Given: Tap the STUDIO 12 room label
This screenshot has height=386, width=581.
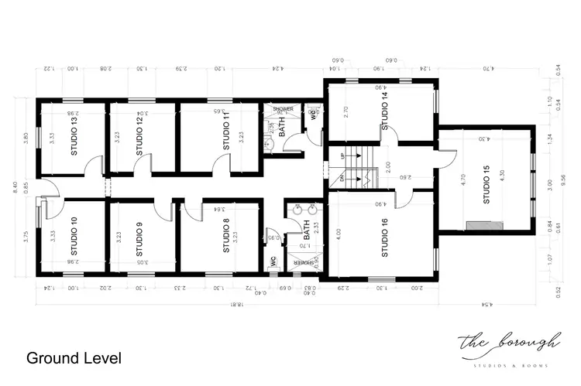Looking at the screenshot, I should pos(139,136).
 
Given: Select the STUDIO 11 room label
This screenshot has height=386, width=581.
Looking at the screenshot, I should pos(227,132).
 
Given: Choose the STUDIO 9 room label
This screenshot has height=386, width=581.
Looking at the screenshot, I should pos(139,240).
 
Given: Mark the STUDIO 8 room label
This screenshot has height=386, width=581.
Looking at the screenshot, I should pos(226,237).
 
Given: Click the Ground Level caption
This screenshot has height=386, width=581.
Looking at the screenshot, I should pos(74,358).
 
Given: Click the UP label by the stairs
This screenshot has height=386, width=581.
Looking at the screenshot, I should pos(342,156).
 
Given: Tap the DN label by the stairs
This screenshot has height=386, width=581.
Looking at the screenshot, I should pos(342,178).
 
